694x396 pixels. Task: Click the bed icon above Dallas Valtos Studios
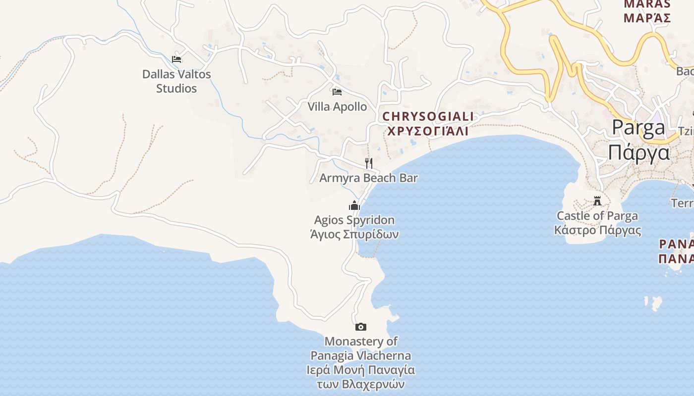pos(176,59)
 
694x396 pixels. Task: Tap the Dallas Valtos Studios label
pos(176,81)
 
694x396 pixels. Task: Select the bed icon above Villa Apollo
pos(337,92)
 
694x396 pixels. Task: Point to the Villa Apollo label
pos(337,106)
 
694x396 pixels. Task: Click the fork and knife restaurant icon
pos(368,163)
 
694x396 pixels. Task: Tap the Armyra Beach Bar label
pos(368,178)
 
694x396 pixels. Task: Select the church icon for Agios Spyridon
pos(354,205)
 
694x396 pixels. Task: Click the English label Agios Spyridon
pos(354,220)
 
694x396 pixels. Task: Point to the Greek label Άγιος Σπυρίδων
pos(354,234)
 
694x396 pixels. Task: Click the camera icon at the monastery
pos(361,327)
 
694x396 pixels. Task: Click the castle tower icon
pos(597,201)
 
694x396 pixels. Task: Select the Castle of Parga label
pos(597,216)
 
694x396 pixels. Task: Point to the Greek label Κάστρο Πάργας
pos(597,230)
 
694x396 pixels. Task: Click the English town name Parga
pos(638,127)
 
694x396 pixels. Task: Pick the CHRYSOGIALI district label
pos(428,117)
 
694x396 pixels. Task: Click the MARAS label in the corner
pos(647,4)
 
